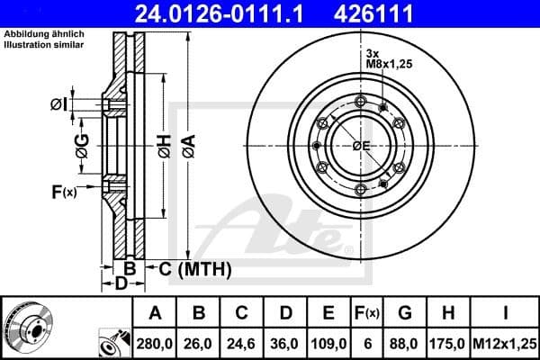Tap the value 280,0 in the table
click(x=155, y=343)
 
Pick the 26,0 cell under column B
click(x=200, y=343)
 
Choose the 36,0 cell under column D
click(x=286, y=343)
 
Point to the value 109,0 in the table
click(x=329, y=343)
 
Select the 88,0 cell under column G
click(x=405, y=343)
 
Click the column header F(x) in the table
click(x=366, y=313)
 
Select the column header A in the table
click(x=155, y=313)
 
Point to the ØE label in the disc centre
click(x=361, y=146)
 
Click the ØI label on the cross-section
click(x=58, y=105)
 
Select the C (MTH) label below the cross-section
click(x=195, y=268)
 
